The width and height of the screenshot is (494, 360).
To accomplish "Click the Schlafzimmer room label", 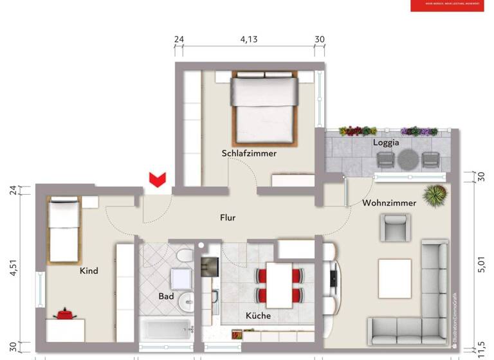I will tap(249, 154).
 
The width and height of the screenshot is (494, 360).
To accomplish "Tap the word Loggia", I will tap(386, 143).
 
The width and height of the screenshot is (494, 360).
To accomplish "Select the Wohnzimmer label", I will tap(389, 203).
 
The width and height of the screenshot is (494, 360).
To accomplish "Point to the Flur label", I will tap(227, 218).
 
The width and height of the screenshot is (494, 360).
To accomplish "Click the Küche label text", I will tap(258, 316).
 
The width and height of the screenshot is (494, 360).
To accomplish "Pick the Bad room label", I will tap(166, 296).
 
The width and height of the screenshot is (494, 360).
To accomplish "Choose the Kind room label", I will tap(89, 271).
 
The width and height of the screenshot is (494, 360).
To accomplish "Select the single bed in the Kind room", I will tap(62, 230).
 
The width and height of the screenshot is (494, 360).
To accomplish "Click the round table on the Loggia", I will tap(408, 159).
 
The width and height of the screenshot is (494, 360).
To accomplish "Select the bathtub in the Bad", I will tap(167, 332).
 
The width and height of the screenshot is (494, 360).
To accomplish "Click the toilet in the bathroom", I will tap(184, 260).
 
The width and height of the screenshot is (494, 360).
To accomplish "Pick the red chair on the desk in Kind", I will tap(64, 314).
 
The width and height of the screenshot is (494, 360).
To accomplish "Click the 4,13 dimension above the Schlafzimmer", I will tap(249, 39).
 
